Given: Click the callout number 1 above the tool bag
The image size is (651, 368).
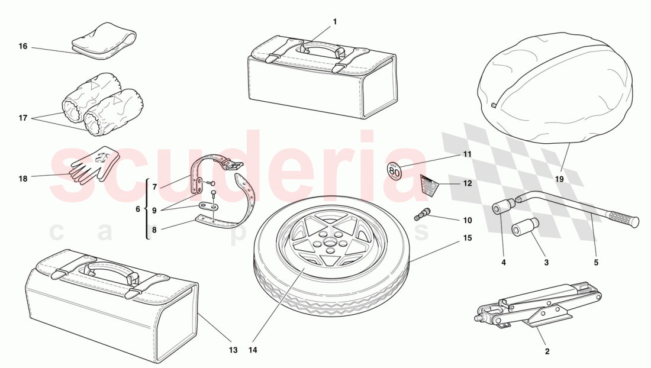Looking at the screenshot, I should [334, 22].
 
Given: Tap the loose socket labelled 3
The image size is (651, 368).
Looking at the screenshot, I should [524, 228].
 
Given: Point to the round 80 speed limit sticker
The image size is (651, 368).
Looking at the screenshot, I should [394, 170].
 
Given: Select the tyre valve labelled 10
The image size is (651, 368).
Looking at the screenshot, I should [422, 213].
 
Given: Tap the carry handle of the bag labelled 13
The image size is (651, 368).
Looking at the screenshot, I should [107, 269].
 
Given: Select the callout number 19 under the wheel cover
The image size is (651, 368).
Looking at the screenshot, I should [559, 178].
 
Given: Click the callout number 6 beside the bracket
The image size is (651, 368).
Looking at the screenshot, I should [138, 209].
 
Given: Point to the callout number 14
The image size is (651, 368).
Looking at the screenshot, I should [253, 350].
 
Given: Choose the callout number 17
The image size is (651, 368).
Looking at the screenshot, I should [22, 118].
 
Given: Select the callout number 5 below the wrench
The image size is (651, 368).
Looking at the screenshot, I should [596, 262].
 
